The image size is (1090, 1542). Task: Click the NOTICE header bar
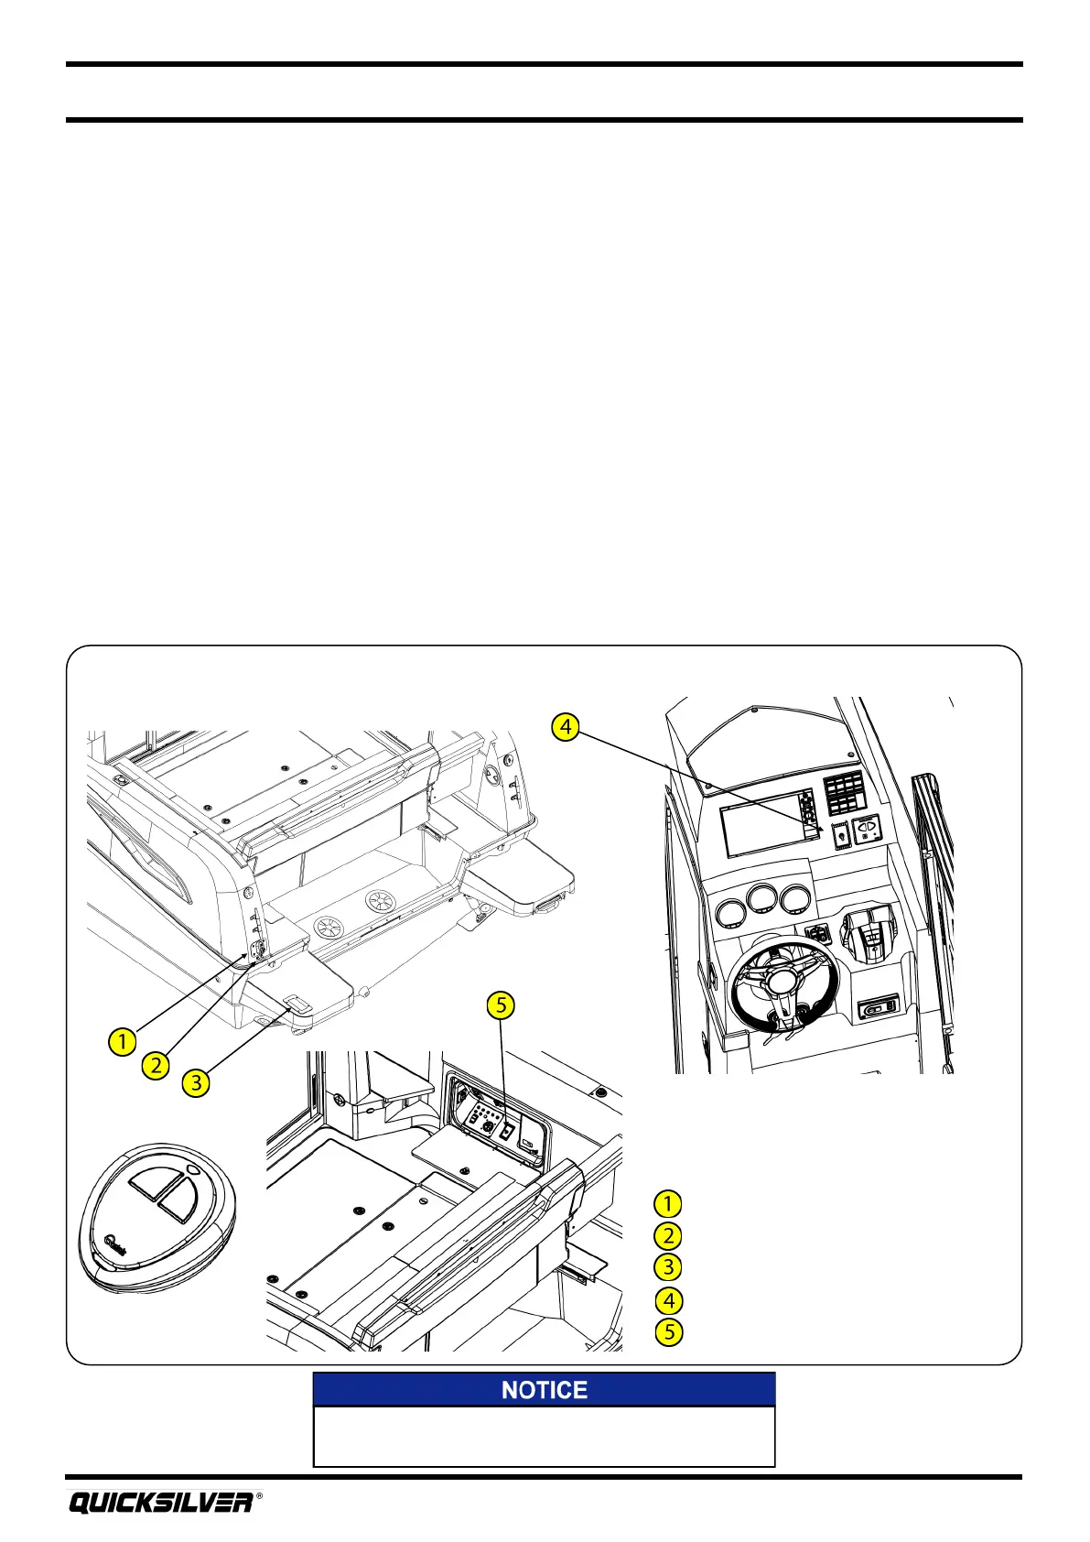click(x=544, y=1389)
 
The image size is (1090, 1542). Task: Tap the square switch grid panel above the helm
click(x=845, y=791)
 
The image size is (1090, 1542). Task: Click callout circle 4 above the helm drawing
click(x=566, y=727)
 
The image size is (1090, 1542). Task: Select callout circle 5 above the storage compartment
click(x=500, y=1004)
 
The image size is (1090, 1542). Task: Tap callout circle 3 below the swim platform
click(x=195, y=1083)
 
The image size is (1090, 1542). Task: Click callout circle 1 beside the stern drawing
click(x=122, y=1041)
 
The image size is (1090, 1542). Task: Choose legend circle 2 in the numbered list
click(x=668, y=1235)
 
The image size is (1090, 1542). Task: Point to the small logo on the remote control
click(x=115, y=1243)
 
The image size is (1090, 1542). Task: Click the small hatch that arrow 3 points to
click(x=298, y=1004)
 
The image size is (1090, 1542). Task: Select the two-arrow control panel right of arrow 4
click(x=867, y=830)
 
